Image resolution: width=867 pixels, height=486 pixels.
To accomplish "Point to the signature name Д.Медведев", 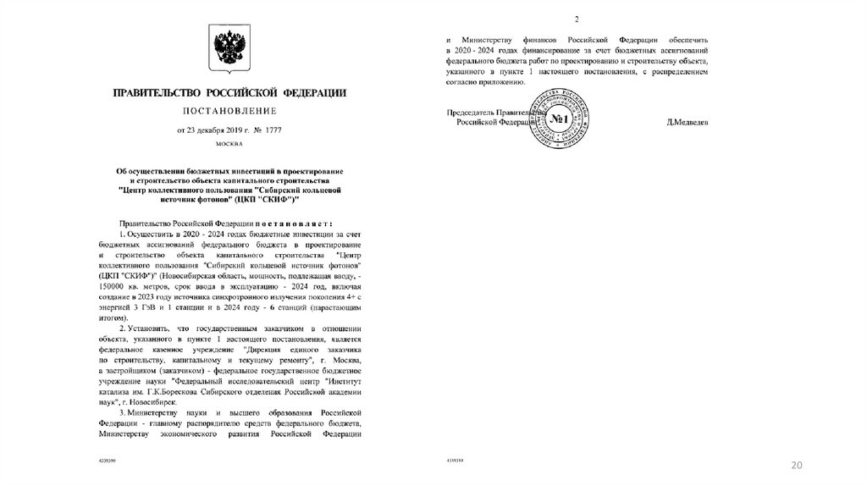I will click(x=687, y=123).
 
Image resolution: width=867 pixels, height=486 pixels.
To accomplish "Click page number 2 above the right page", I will click(x=577, y=19).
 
